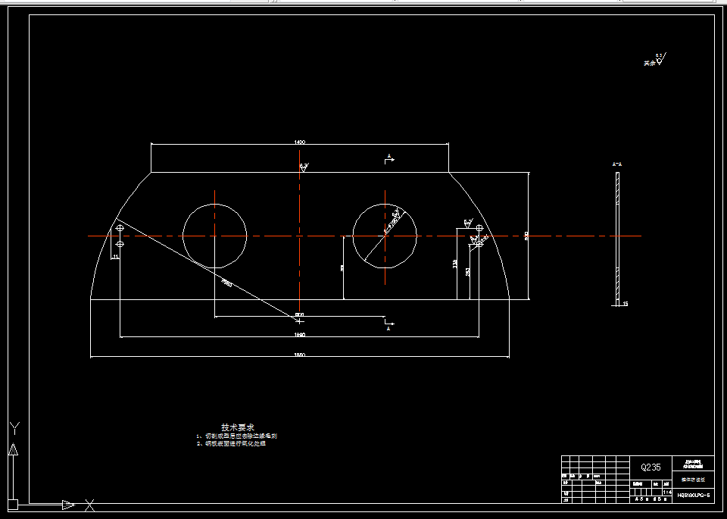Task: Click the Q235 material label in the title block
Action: (x=651, y=467)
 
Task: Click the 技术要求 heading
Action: (x=237, y=427)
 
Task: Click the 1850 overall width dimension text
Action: (x=299, y=355)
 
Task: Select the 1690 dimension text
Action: (x=299, y=334)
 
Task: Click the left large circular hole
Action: (x=214, y=235)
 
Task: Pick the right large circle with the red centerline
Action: (x=385, y=235)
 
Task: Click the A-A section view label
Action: (x=616, y=164)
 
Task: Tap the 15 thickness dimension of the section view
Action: (x=625, y=304)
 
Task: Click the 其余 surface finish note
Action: (x=647, y=64)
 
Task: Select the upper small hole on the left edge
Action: (x=120, y=228)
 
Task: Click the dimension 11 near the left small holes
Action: (x=114, y=257)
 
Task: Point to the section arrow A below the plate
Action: (x=388, y=327)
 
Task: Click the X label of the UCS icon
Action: (x=89, y=505)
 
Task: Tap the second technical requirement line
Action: (x=235, y=443)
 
